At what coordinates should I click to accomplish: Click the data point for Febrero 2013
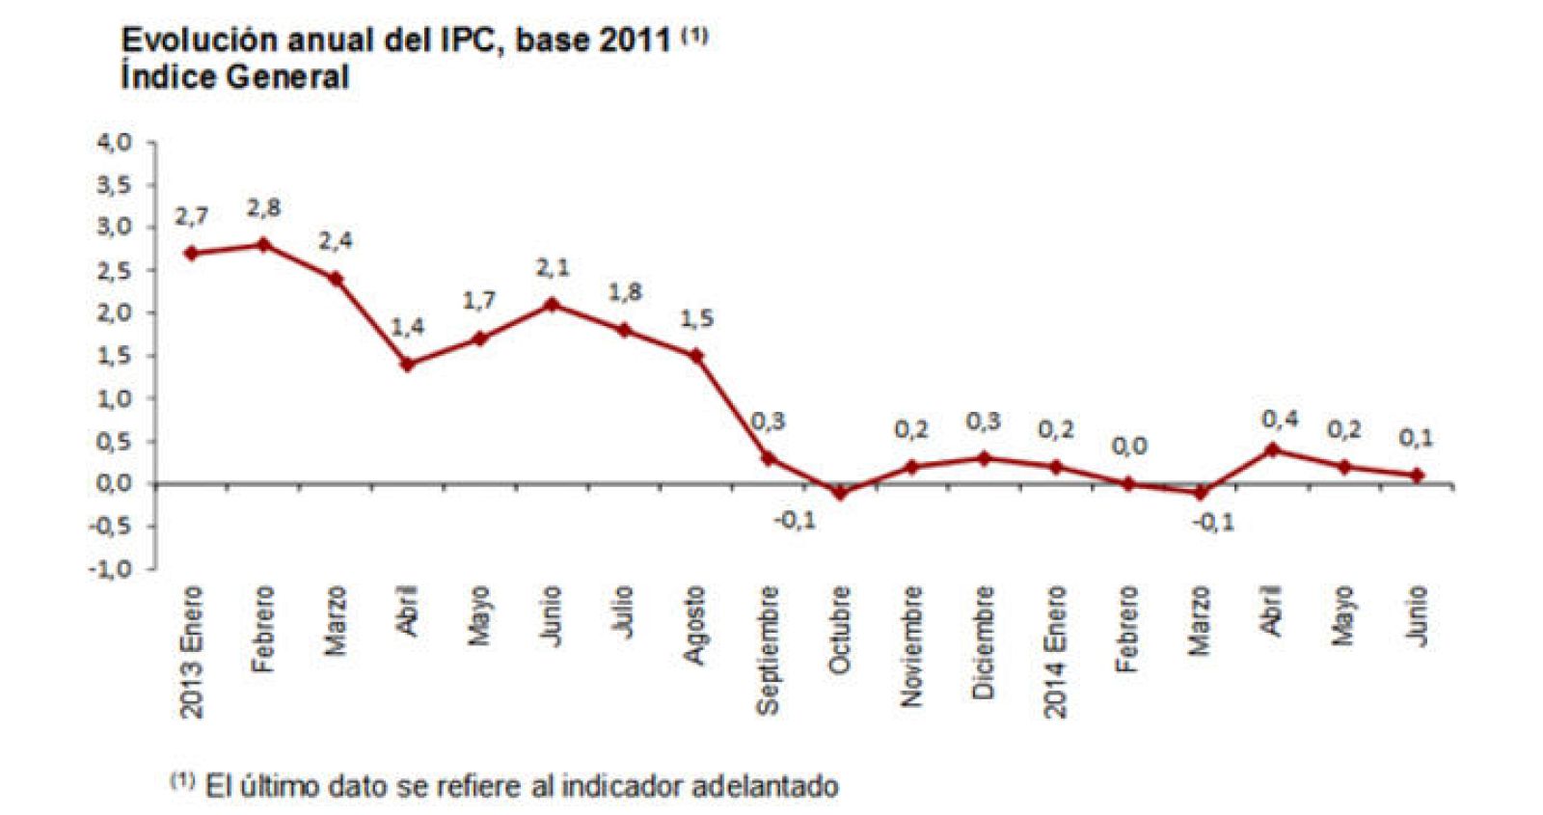point(263,245)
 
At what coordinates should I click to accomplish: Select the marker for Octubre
point(840,493)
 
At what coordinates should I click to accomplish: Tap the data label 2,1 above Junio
point(553,267)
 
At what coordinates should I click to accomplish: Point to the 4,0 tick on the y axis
point(113,143)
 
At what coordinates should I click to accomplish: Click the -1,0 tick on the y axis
point(110,569)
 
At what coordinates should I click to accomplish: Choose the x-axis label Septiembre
point(768,649)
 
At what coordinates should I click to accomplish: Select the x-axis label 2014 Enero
point(1056,651)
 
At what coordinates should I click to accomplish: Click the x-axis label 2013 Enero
point(192,651)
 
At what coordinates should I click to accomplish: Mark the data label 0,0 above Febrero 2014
point(1128,447)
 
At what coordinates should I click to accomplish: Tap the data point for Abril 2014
point(1272,449)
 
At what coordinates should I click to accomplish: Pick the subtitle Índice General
point(234,77)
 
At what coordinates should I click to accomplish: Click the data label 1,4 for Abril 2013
point(407,327)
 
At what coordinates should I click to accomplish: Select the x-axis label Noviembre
point(912,646)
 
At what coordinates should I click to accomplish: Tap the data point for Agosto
point(696,356)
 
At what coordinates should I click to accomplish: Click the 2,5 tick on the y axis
point(113,271)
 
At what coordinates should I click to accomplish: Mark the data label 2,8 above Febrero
point(263,207)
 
